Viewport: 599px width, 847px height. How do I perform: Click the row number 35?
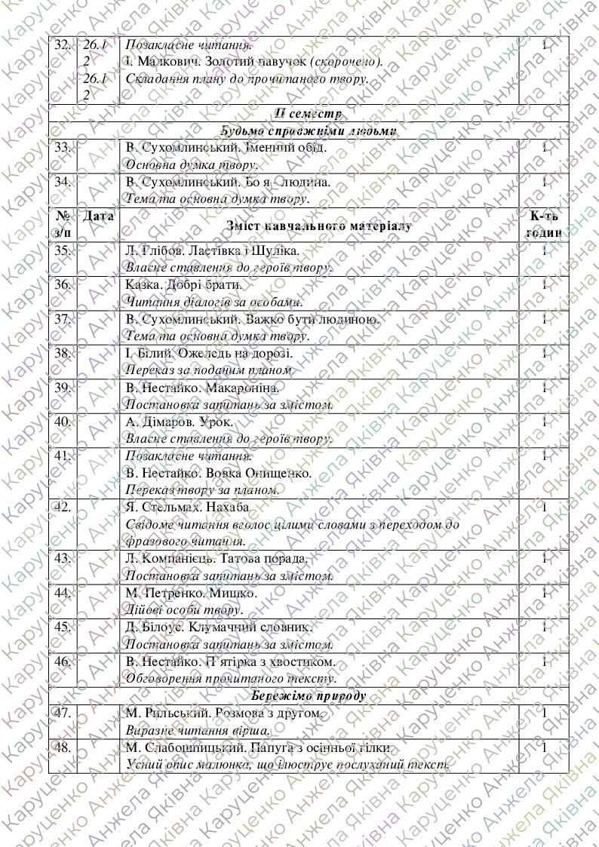point(63,251)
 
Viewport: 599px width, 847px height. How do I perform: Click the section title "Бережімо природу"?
point(309,695)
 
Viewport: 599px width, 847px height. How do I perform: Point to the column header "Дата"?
point(97,216)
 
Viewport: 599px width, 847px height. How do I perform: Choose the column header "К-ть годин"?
point(544,225)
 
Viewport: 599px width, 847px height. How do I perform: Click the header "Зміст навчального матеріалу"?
point(319,226)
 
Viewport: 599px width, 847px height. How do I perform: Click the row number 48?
point(63,748)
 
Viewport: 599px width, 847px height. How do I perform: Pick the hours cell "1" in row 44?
point(544,594)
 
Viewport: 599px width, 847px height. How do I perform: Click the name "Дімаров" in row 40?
point(163,422)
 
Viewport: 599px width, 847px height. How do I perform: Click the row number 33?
point(63,147)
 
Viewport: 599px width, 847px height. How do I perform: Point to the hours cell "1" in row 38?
point(544,354)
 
